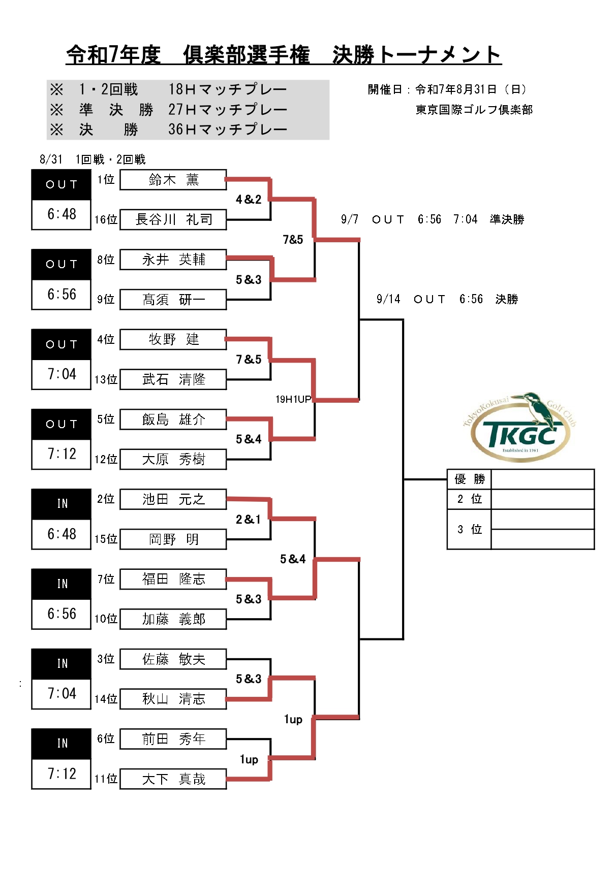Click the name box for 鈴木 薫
(x=173, y=180)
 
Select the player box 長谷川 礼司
(x=173, y=219)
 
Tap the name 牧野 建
(x=173, y=339)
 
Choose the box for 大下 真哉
(x=173, y=779)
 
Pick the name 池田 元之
(x=173, y=499)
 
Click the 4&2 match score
(x=249, y=200)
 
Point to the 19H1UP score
(x=293, y=399)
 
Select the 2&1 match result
(x=249, y=519)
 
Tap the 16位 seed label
(x=106, y=219)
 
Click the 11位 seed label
(x=106, y=779)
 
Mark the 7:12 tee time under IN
(x=61, y=774)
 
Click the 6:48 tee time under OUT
(x=61, y=214)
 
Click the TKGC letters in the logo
(x=520, y=435)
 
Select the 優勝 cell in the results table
(x=470, y=479)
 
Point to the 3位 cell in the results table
(x=470, y=529)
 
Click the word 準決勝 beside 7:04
(x=507, y=219)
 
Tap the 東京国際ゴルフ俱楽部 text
(x=474, y=110)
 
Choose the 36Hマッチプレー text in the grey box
(x=228, y=129)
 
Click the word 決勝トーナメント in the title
(x=417, y=54)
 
